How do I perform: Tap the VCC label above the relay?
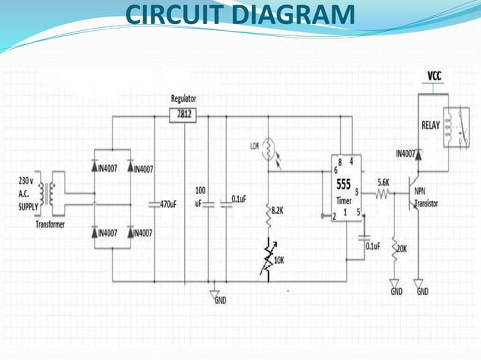pyautogui.click(x=434, y=76)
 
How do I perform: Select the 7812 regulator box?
pyautogui.click(x=184, y=114)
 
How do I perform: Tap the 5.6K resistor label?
pyautogui.click(x=383, y=183)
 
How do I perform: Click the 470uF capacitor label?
pyautogui.click(x=168, y=204)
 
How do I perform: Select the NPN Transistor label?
pyautogui.click(x=427, y=197)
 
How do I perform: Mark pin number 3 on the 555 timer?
pyautogui.click(x=356, y=191)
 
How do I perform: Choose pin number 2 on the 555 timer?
pyautogui.click(x=334, y=216)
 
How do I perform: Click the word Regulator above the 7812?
pyautogui.click(x=184, y=99)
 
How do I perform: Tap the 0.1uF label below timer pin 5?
pyautogui.click(x=372, y=246)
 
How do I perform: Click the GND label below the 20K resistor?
pyautogui.click(x=397, y=291)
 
